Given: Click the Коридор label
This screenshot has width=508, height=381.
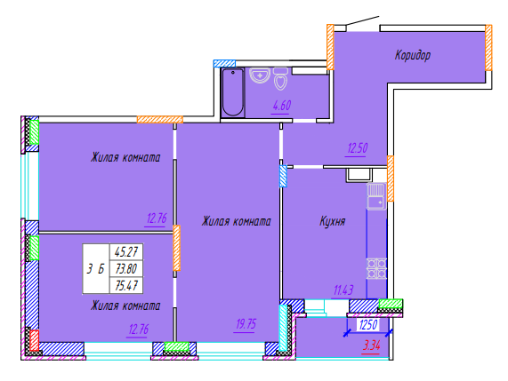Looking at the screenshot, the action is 413,55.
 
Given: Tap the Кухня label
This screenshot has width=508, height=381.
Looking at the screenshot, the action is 333,221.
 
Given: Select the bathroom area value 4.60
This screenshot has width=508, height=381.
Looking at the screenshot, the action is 281,106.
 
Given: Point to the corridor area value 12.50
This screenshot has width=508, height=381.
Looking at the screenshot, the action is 358,148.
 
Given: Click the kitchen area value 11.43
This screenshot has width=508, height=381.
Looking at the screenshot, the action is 343,290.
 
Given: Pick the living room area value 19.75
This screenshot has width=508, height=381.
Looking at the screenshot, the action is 246,324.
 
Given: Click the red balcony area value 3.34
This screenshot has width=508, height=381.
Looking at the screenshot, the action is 371,345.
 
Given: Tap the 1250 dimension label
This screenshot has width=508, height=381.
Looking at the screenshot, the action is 368,325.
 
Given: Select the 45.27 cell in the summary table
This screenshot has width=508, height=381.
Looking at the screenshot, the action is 126,251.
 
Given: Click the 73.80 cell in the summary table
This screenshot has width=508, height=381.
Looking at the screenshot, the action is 126,268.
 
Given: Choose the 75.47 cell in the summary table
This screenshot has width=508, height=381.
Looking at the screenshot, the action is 126,285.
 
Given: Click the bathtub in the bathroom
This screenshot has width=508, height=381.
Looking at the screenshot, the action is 232,92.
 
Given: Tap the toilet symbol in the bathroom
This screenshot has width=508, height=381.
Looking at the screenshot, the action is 280,78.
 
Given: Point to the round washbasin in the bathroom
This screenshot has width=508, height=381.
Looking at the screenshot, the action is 260,75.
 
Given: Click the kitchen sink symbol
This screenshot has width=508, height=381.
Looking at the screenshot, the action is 376,196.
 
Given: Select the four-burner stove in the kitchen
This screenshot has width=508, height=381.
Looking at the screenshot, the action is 376,269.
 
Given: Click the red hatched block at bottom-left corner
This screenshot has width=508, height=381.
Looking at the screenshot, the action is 35,340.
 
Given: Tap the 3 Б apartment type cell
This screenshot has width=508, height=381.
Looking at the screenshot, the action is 96,268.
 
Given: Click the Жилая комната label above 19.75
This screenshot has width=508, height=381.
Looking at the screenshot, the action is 236,221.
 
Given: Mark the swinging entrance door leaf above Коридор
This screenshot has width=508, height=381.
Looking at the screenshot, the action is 362,20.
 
